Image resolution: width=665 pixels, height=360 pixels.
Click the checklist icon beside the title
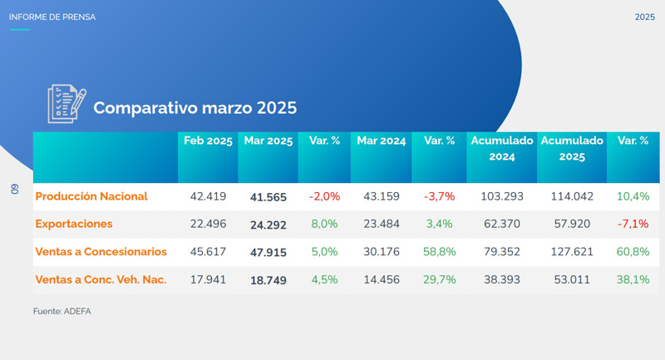[66, 103]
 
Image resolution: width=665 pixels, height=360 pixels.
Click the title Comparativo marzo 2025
[195, 108]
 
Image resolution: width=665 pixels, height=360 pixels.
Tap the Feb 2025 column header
[208, 141]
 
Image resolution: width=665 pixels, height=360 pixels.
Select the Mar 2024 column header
[381, 141]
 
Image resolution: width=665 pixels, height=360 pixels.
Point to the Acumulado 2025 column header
[572, 148]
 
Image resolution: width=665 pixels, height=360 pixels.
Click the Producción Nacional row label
[91, 196]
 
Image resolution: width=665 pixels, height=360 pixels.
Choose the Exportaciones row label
[74, 224]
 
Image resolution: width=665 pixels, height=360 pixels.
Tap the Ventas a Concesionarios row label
[101, 252]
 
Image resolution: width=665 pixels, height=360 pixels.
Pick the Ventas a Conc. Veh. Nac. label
[101, 279]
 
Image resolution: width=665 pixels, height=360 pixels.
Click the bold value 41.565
[268, 197]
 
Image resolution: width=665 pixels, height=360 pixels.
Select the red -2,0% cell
[324, 196]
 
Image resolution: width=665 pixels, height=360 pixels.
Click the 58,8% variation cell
[439, 252]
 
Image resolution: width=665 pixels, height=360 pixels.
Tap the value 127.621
[572, 252]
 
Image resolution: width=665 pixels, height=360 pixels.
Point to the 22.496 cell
[208, 224]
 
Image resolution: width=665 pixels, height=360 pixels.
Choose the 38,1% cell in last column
[633, 279]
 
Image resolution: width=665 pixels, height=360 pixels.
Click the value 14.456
[381, 279]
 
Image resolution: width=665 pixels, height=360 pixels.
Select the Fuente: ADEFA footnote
[61, 311]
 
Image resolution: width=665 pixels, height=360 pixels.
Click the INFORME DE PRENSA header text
[52, 17]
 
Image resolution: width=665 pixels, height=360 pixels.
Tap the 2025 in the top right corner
[644, 17]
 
